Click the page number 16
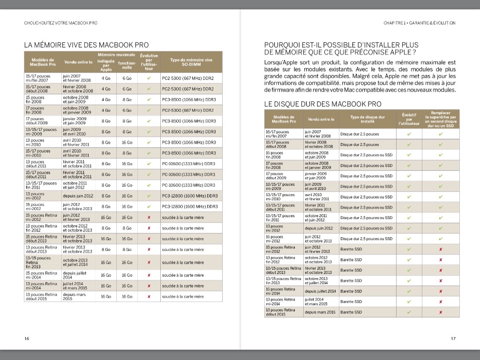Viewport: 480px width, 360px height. tap(27, 338)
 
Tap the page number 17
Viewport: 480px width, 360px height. tap(453, 338)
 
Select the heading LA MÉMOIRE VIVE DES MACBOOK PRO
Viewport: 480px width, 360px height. tap(86, 45)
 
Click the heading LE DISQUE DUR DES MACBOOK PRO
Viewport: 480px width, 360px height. tap(323, 104)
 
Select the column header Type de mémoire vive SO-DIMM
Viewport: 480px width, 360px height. tap(191, 62)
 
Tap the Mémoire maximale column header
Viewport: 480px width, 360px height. tap(116, 54)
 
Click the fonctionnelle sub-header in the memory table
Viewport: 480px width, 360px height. tap(127, 66)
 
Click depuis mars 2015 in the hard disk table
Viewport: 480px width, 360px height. tap(320, 312)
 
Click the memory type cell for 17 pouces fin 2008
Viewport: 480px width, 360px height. tap(187, 110)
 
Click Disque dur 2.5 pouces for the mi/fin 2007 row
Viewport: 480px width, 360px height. tap(360, 134)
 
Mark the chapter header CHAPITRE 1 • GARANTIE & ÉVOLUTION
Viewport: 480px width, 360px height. tap(419, 22)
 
